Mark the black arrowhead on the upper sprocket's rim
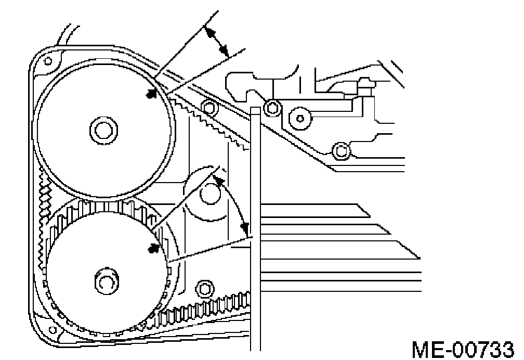pyautogui.click(x=152, y=94)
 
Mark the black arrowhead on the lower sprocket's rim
pyautogui.click(x=153, y=248)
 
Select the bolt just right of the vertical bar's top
pyautogui.click(x=271, y=108)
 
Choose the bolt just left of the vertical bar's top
pyautogui.click(x=209, y=108)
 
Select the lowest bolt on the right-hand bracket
pyautogui.click(x=340, y=151)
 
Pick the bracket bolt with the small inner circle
pyautogui.click(x=300, y=118)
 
